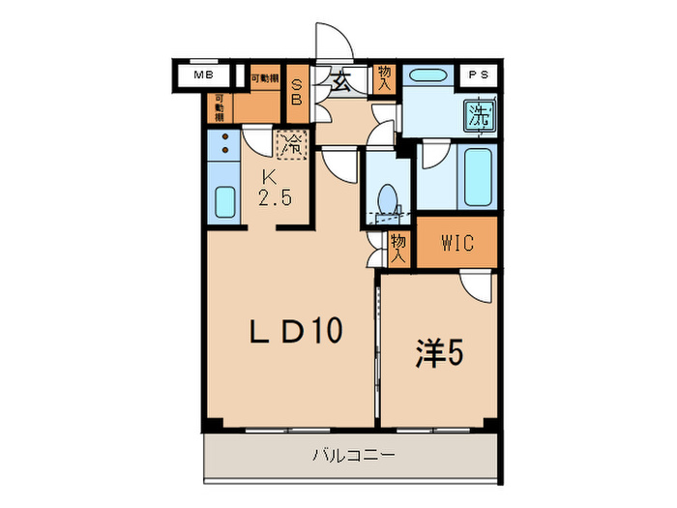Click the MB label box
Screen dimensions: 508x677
pyautogui.click(x=203, y=75)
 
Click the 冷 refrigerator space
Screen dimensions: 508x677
pyautogui.click(x=291, y=146)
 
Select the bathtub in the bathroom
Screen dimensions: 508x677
pyautogui.click(x=479, y=176)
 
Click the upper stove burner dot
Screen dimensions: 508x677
pyautogui.click(x=224, y=137)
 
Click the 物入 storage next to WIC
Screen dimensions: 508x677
pyautogui.click(x=397, y=250)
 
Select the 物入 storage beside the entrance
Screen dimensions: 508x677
pyautogui.click(x=385, y=78)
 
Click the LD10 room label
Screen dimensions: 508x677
pyautogui.click(x=296, y=332)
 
